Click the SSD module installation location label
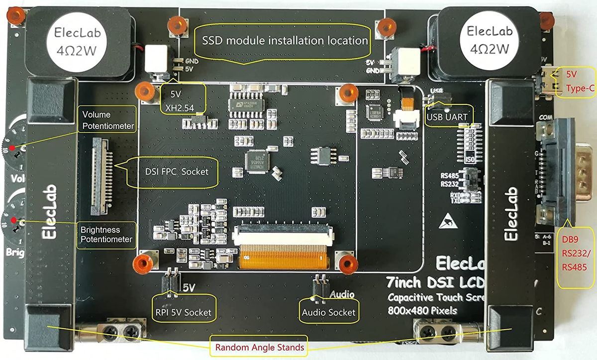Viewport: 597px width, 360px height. pyautogui.click(x=282, y=40)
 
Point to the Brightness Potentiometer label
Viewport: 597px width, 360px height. pyautogui.click(x=107, y=235)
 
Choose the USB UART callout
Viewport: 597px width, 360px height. pyautogui.click(x=447, y=117)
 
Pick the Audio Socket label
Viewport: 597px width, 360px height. pyautogui.click(x=329, y=312)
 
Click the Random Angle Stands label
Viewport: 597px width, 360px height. pyautogui.click(x=260, y=348)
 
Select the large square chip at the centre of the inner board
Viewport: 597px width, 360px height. pyautogui.click(x=257, y=162)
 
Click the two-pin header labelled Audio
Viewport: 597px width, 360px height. pyautogui.click(x=319, y=285)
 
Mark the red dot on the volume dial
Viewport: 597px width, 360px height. pyautogui.click(x=11, y=148)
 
